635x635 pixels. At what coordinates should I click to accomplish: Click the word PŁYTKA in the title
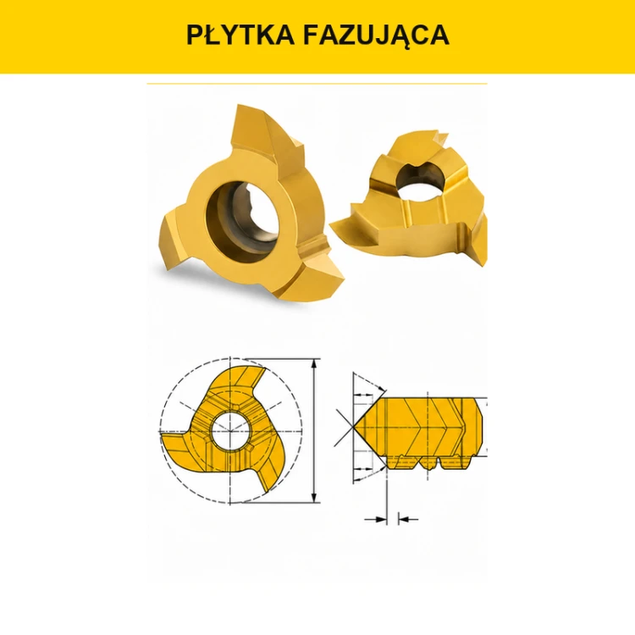coord(240,35)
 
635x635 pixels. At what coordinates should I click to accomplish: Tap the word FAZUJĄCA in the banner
coord(376,36)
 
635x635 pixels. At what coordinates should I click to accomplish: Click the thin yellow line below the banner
coord(317,84)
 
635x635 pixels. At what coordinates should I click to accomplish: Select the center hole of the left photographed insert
coord(243,217)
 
